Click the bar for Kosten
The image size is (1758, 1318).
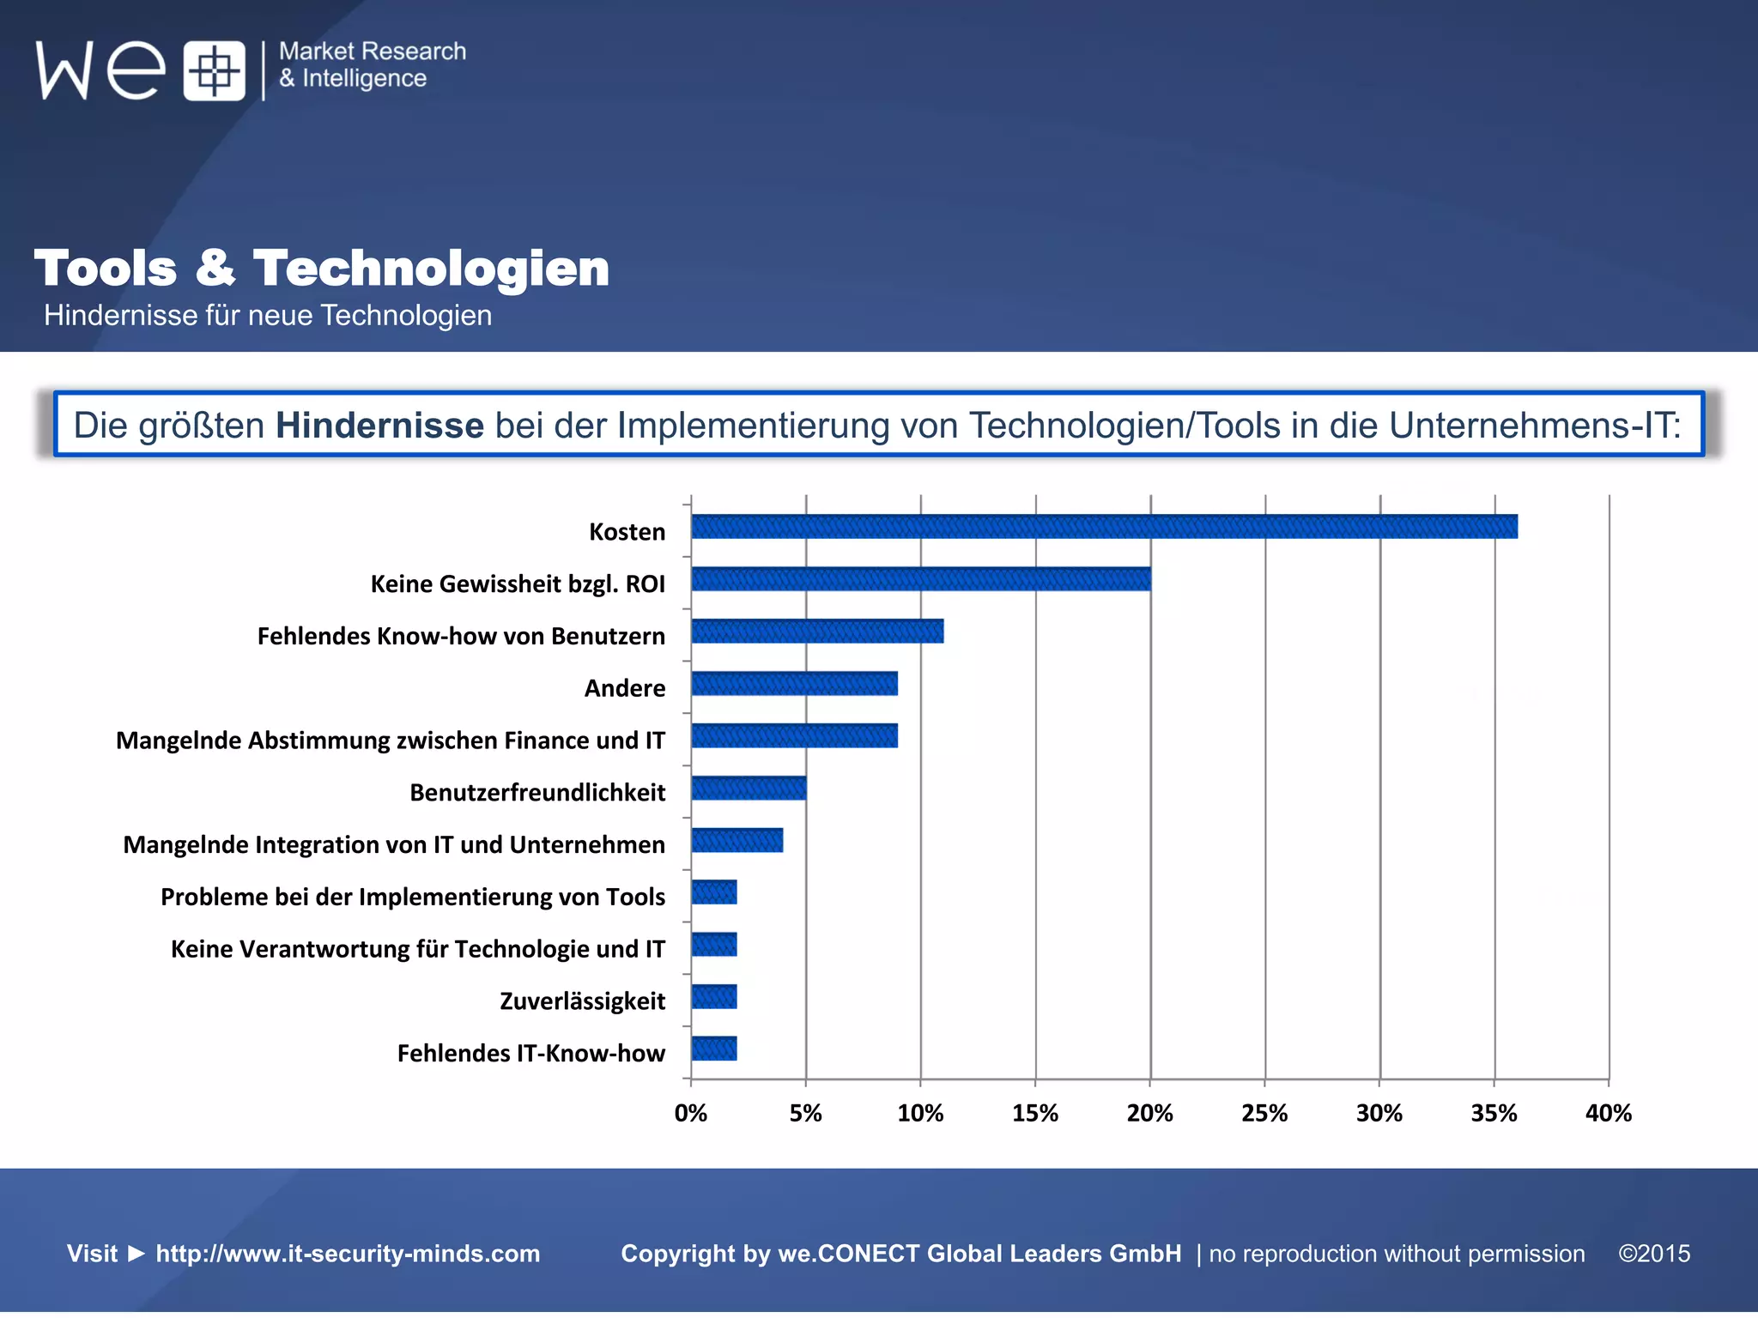tap(1104, 527)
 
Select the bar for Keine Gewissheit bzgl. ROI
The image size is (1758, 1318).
tap(920, 579)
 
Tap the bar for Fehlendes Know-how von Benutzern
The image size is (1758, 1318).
tap(817, 632)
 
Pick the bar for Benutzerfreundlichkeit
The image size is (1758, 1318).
tap(749, 788)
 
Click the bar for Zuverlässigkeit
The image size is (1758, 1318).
tap(714, 997)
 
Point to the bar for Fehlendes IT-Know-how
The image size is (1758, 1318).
tap(714, 1049)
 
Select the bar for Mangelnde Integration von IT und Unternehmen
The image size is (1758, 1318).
tap(737, 840)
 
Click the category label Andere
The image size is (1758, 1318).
tap(624, 688)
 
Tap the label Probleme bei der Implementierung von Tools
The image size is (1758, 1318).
tap(413, 897)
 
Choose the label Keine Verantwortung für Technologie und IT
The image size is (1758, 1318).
tap(418, 949)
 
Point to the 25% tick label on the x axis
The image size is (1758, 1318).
tap(1264, 1114)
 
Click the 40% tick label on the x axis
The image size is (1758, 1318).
tap(1608, 1114)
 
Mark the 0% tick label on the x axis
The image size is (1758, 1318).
tap(691, 1114)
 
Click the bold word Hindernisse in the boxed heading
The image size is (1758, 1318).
tap(379, 426)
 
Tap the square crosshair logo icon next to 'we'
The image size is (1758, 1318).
tap(215, 71)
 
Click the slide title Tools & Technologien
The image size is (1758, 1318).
tap(322, 268)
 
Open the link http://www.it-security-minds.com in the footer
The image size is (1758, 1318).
tap(348, 1254)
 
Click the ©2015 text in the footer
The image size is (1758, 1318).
tap(1654, 1254)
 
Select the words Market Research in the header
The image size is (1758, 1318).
tap(373, 51)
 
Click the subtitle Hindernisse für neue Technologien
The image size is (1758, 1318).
tap(268, 316)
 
